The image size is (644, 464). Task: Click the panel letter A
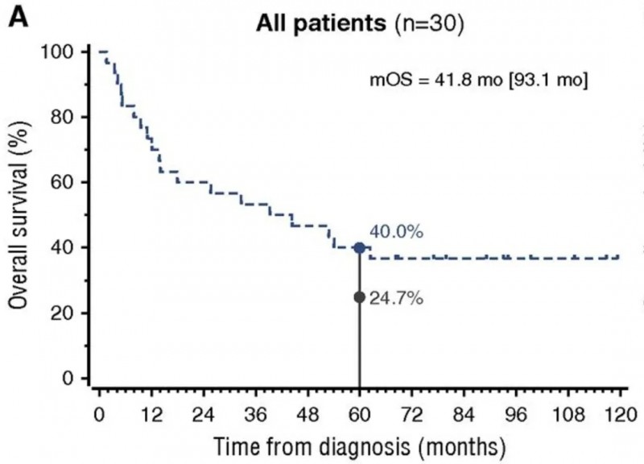coord(18,18)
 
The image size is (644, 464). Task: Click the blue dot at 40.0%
coord(359,247)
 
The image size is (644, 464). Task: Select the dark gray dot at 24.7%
coord(359,297)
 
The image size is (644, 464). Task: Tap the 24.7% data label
coord(397,298)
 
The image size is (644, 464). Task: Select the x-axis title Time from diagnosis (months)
coord(359,443)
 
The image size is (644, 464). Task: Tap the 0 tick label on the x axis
coord(100,417)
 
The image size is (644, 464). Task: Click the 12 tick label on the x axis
coord(151,417)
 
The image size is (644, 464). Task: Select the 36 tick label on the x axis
coord(255,417)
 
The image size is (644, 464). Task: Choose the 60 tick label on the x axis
coord(359,417)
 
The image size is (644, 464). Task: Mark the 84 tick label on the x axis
coord(464,417)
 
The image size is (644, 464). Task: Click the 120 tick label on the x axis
coord(618,417)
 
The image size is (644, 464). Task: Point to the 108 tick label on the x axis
coord(567,417)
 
